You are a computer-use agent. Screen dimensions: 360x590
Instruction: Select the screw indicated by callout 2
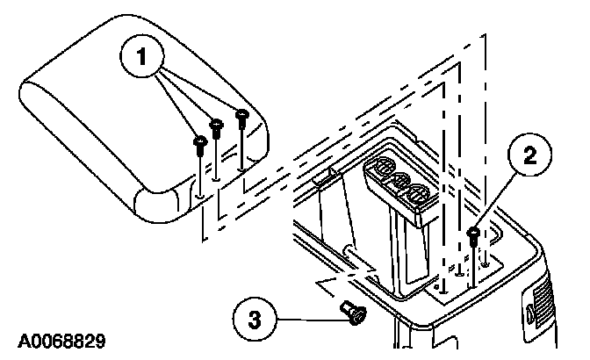click(x=474, y=234)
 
